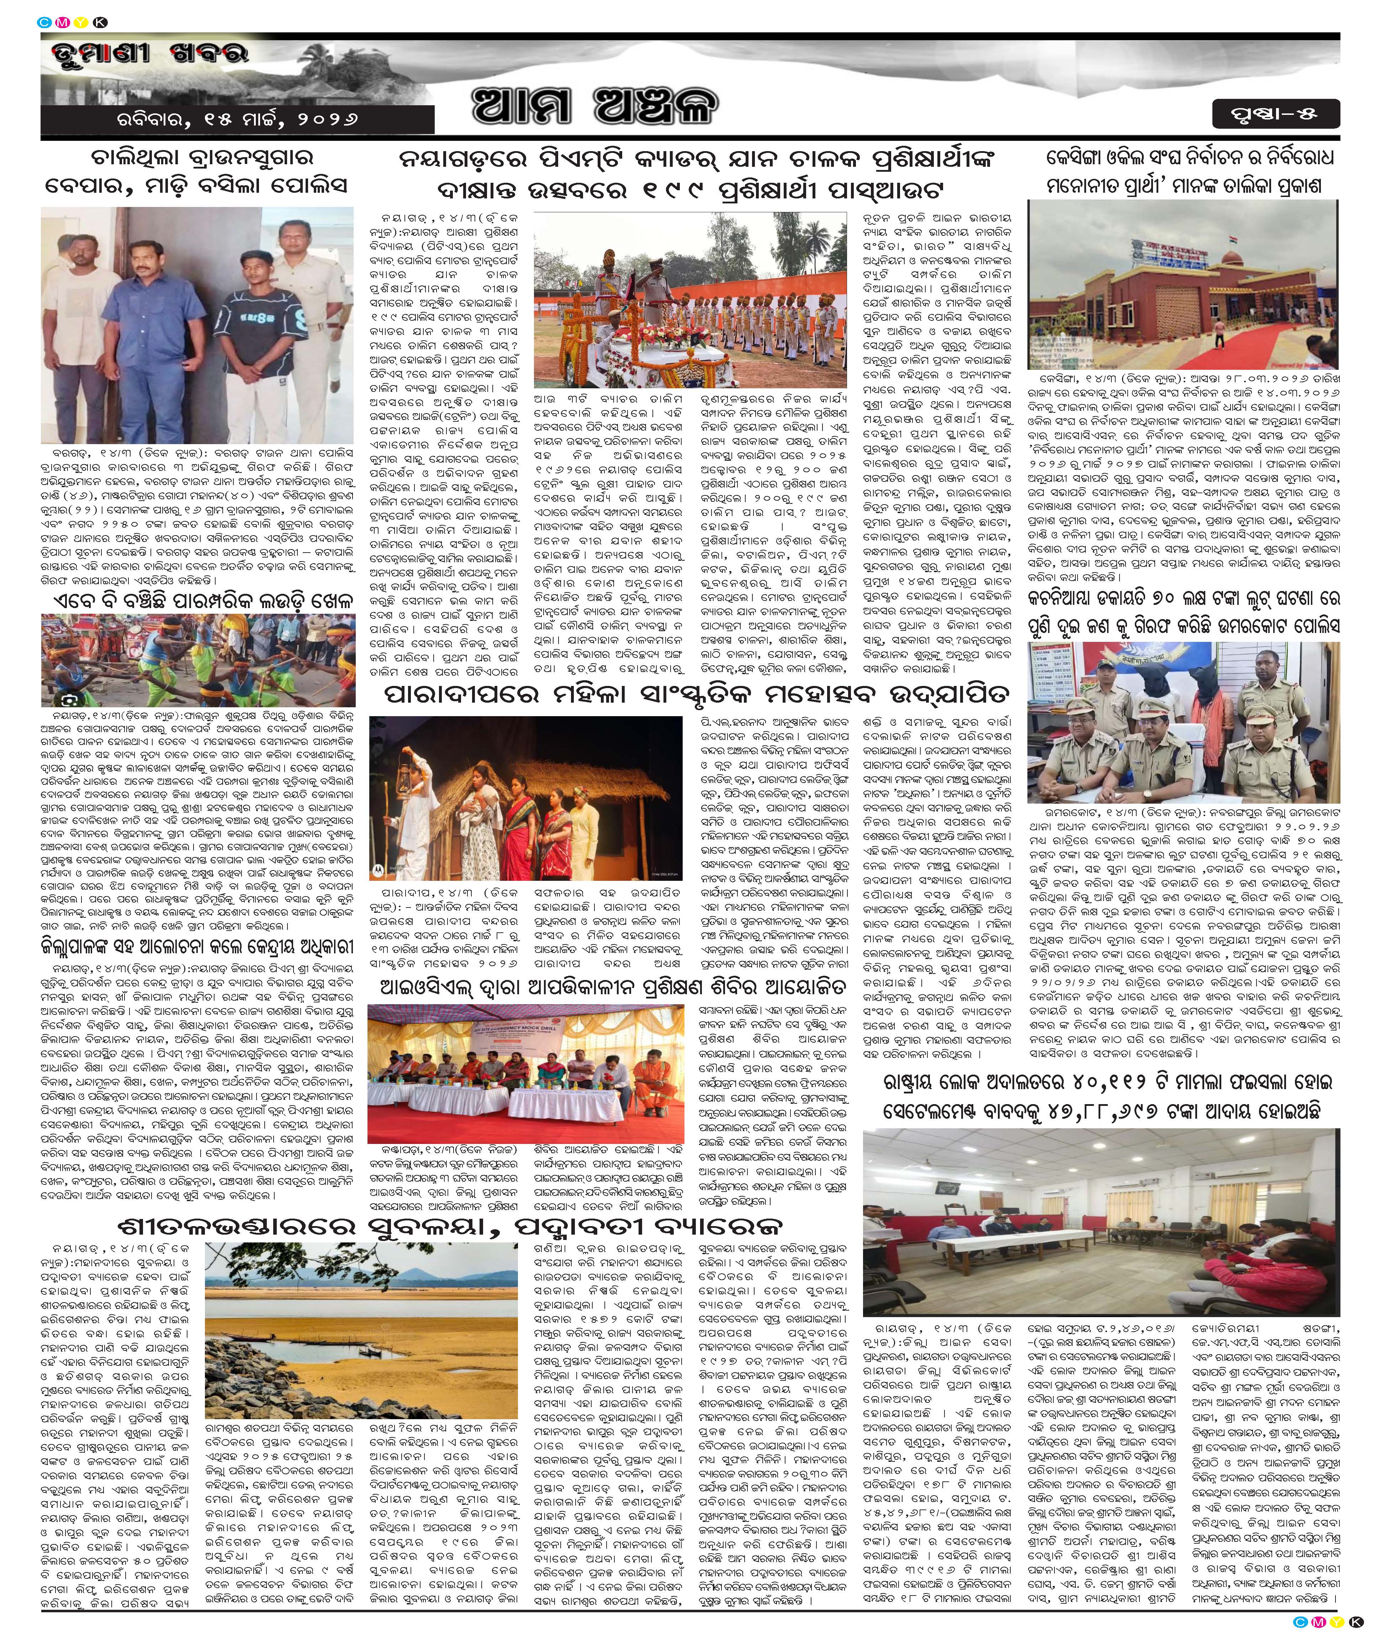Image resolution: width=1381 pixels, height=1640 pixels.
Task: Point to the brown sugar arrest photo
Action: (197, 325)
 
